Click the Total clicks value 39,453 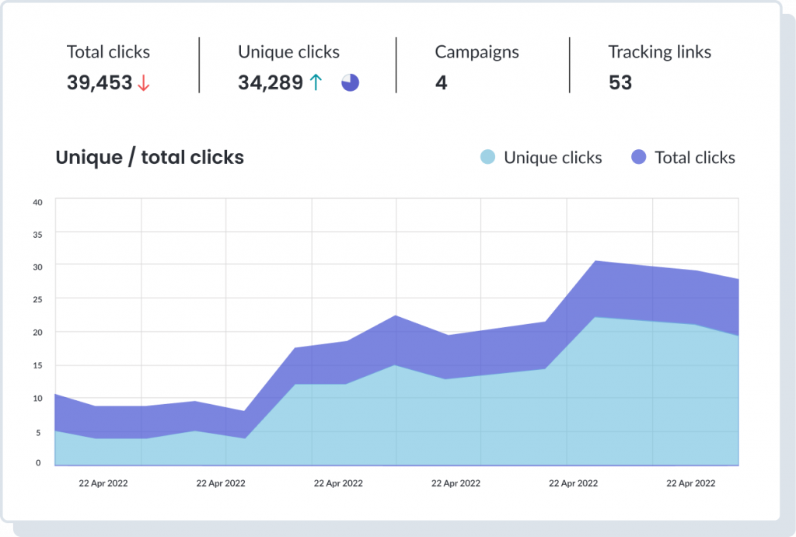click(99, 83)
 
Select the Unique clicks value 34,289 click(271, 83)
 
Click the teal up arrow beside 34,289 click(315, 83)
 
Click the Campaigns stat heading click(477, 53)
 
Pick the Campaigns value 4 click(441, 83)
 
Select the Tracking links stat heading click(659, 53)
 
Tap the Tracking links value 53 click(620, 83)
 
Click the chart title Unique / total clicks click(150, 158)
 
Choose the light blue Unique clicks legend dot click(487, 158)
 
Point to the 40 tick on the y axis click(37, 202)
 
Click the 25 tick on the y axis click(37, 299)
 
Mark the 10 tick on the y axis click(37, 398)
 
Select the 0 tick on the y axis click(37, 463)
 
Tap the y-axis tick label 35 click(37, 234)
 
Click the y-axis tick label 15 click(37, 365)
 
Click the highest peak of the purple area click(595, 261)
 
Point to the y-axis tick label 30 click(37, 267)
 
